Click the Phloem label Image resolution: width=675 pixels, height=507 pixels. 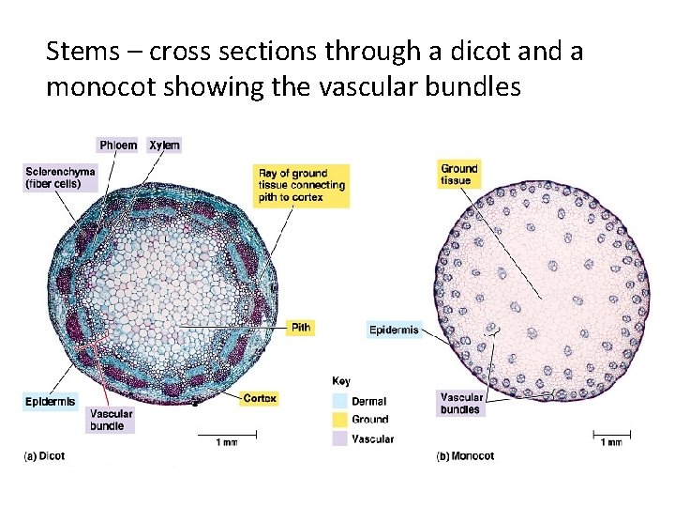pyautogui.click(x=118, y=145)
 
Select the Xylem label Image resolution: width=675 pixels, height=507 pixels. pyautogui.click(x=165, y=145)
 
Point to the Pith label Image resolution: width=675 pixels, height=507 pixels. pyautogui.click(x=301, y=328)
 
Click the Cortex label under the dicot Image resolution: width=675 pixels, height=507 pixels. pyautogui.click(x=260, y=399)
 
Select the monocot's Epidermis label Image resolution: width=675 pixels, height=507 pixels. pyautogui.click(x=395, y=330)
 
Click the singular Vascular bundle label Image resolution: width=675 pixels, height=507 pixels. pyautogui.click(x=112, y=420)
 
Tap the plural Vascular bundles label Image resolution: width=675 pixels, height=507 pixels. pyautogui.click(x=460, y=404)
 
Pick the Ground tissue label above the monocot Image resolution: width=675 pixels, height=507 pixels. pyautogui.click(x=459, y=175)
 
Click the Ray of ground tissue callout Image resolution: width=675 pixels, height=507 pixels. pyautogui.click(x=302, y=185)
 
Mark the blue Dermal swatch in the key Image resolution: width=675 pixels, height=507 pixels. pyautogui.click(x=338, y=401)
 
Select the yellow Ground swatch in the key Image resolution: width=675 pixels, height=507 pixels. pyautogui.click(x=338, y=420)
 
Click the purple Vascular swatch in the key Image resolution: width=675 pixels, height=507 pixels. pyautogui.click(x=338, y=438)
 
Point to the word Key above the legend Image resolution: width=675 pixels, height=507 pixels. pyautogui.click(x=342, y=381)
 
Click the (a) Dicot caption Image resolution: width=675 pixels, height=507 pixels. pyautogui.click(x=44, y=456)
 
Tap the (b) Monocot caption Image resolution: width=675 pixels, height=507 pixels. pyautogui.click(x=466, y=456)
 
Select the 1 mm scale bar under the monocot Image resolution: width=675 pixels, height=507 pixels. pyautogui.click(x=610, y=435)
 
